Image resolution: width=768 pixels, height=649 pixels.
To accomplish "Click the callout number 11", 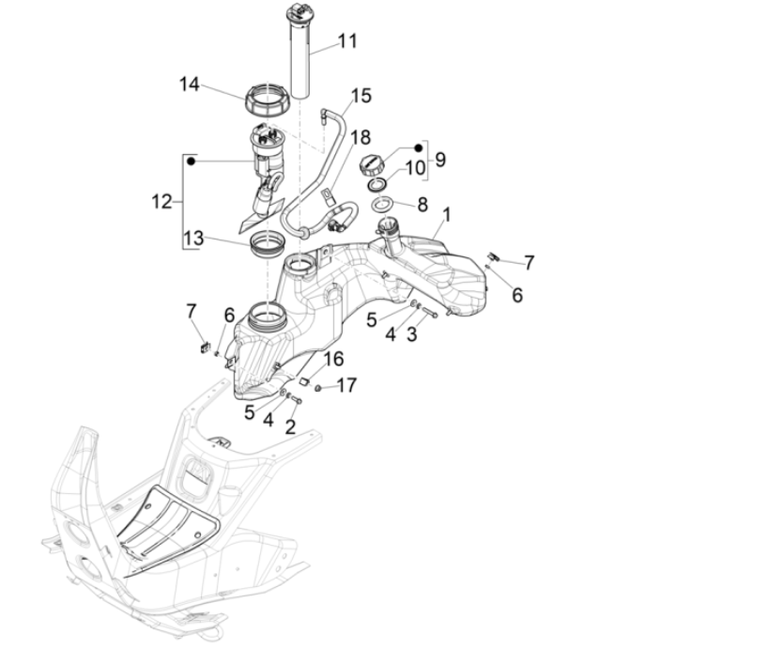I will (x=347, y=41).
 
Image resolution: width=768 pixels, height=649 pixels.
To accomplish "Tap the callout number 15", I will (x=361, y=96).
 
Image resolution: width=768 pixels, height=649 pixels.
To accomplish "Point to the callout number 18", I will (x=361, y=138).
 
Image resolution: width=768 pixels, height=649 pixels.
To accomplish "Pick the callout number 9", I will (x=440, y=160).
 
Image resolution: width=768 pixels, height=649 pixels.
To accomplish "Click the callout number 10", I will (x=414, y=168).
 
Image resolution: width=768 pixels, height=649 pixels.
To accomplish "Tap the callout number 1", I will (x=446, y=215).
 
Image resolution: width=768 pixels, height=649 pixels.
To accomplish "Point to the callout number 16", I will (x=334, y=360).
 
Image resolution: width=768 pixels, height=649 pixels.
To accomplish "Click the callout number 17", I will (x=346, y=384).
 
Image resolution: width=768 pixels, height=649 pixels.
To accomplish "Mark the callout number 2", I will (x=291, y=426).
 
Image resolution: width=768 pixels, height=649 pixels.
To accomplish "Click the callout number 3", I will (x=410, y=334).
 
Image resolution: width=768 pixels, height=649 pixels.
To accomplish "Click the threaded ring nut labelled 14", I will (x=268, y=97).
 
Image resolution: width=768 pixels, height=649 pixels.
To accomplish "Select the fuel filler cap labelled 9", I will (x=372, y=165).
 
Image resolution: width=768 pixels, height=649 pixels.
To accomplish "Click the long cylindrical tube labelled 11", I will (x=300, y=56).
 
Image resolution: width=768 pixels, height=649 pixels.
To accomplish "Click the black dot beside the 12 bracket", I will (x=191, y=162).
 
